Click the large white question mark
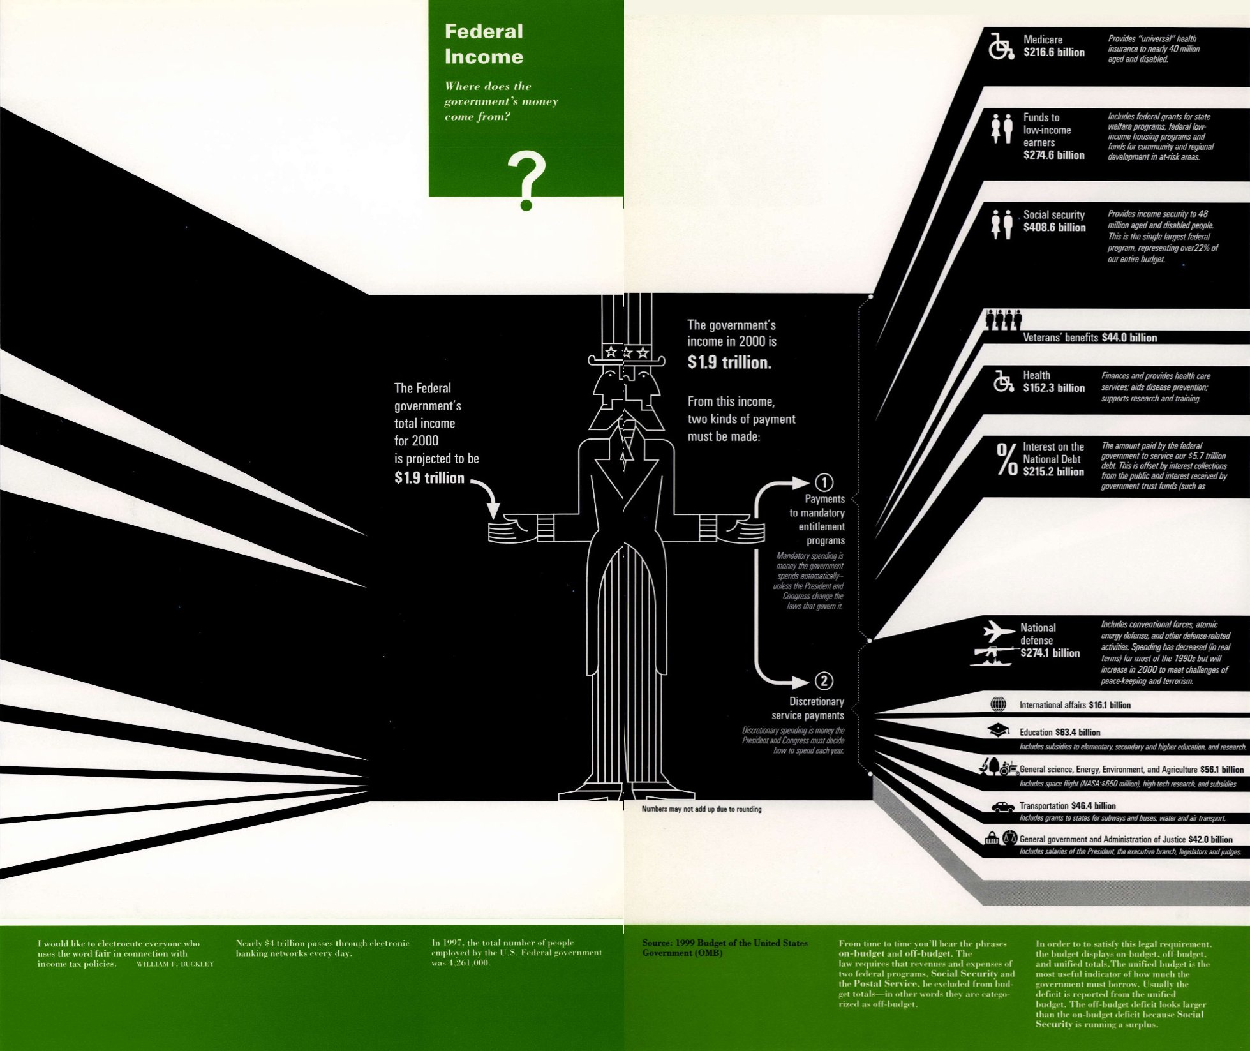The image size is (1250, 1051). [x=526, y=181]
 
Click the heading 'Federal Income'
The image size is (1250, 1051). [x=484, y=44]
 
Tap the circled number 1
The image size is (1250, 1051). [x=824, y=482]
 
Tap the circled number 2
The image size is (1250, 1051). [x=824, y=682]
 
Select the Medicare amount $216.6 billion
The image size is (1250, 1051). [x=1053, y=53]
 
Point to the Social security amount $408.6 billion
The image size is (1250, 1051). [x=1054, y=228]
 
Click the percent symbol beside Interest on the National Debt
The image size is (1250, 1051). [x=1006, y=459]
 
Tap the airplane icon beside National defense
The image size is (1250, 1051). [x=999, y=631]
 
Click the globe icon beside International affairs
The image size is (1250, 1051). [x=998, y=704]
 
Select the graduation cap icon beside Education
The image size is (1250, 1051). [x=999, y=730]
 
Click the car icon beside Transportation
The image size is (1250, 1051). [x=1002, y=807]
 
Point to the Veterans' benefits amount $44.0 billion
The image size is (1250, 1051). [x=1129, y=338]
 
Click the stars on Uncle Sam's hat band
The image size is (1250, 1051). [x=627, y=352]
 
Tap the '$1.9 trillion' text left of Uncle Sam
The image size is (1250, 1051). [x=429, y=478]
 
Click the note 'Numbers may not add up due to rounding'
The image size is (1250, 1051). [x=701, y=809]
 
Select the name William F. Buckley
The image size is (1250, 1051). [x=175, y=964]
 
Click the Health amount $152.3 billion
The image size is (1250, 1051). [x=1053, y=388]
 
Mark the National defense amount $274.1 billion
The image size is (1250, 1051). [x=1050, y=653]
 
